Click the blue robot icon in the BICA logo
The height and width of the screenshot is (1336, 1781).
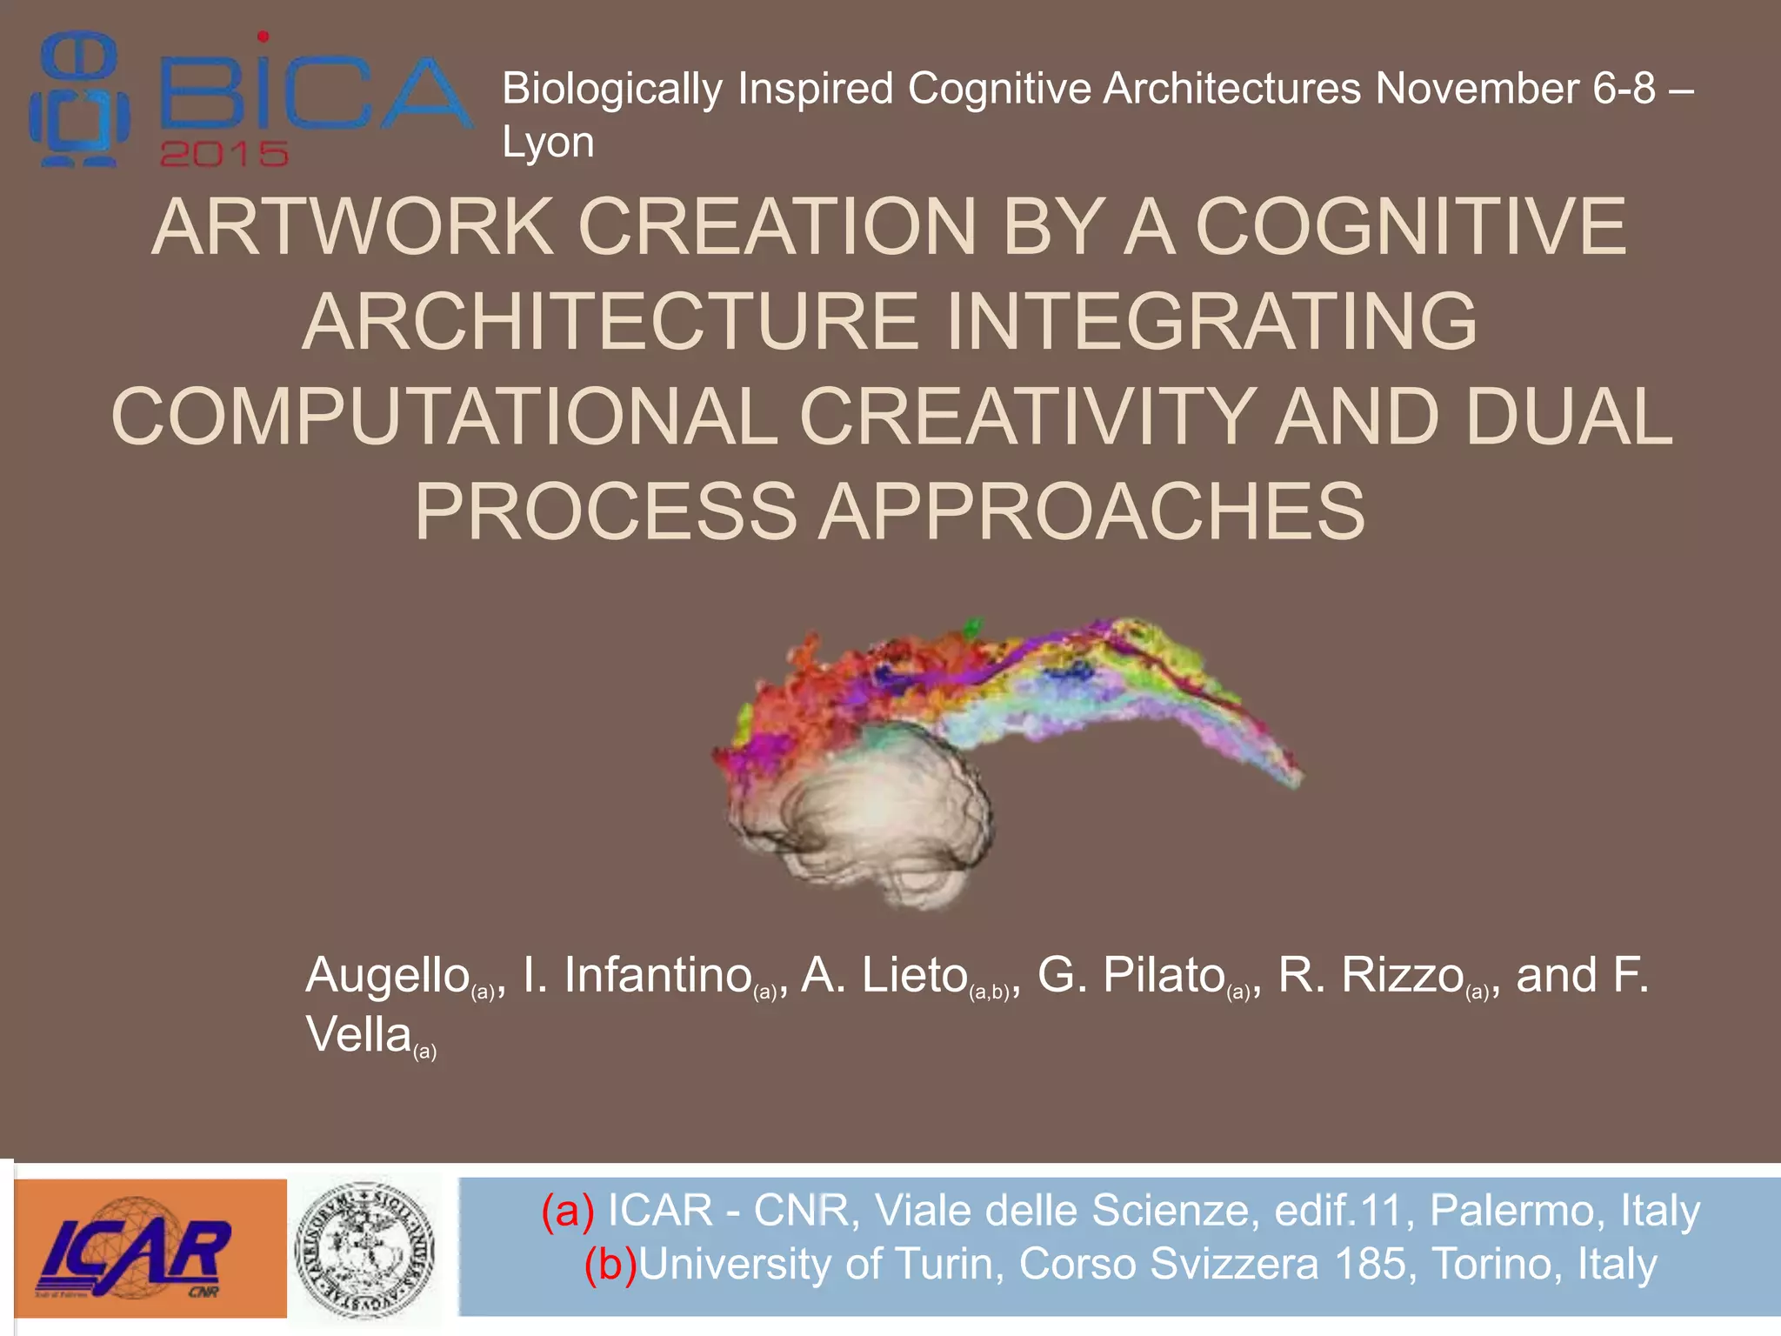[78, 100]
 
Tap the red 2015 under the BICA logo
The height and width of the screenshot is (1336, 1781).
[223, 155]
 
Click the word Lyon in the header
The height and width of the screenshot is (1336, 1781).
[548, 142]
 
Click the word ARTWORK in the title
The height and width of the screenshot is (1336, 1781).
[353, 227]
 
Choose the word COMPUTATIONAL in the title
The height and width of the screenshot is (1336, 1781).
[444, 417]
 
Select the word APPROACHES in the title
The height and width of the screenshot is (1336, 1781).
[1092, 511]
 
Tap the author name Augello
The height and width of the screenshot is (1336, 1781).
[388, 975]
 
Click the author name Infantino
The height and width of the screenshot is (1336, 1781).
[657, 975]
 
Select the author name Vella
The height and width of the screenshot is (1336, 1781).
[358, 1035]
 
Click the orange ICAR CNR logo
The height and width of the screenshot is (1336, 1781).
[150, 1248]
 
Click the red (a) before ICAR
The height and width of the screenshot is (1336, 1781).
[568, 1211]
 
